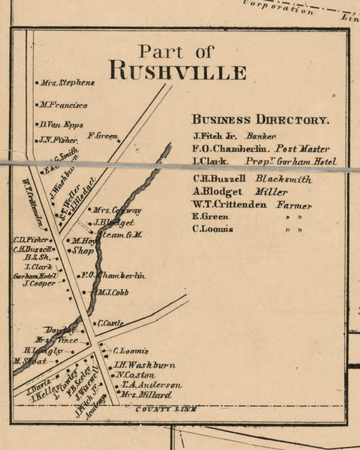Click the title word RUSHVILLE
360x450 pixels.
(178, 72)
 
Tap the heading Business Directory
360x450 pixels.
(260, 120)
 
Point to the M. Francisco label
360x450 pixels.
(64, 105)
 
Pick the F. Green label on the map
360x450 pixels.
(103, 136)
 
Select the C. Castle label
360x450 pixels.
(110, 322)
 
